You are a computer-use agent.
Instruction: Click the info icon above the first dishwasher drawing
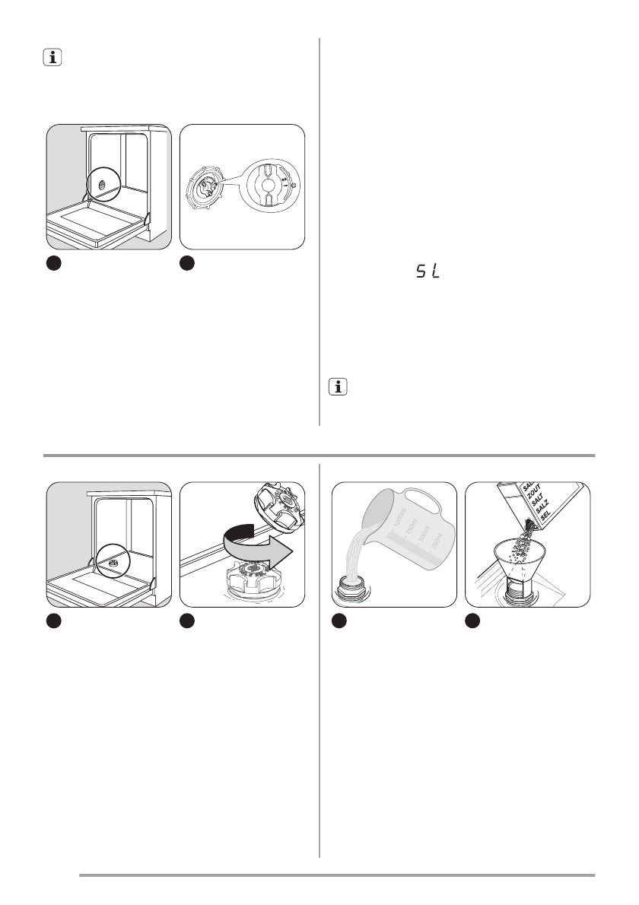52,57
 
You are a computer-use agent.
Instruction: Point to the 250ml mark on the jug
434,543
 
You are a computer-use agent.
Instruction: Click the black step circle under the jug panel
341,621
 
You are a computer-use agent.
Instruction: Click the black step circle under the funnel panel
472,621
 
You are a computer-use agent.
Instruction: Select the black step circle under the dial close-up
187,262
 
